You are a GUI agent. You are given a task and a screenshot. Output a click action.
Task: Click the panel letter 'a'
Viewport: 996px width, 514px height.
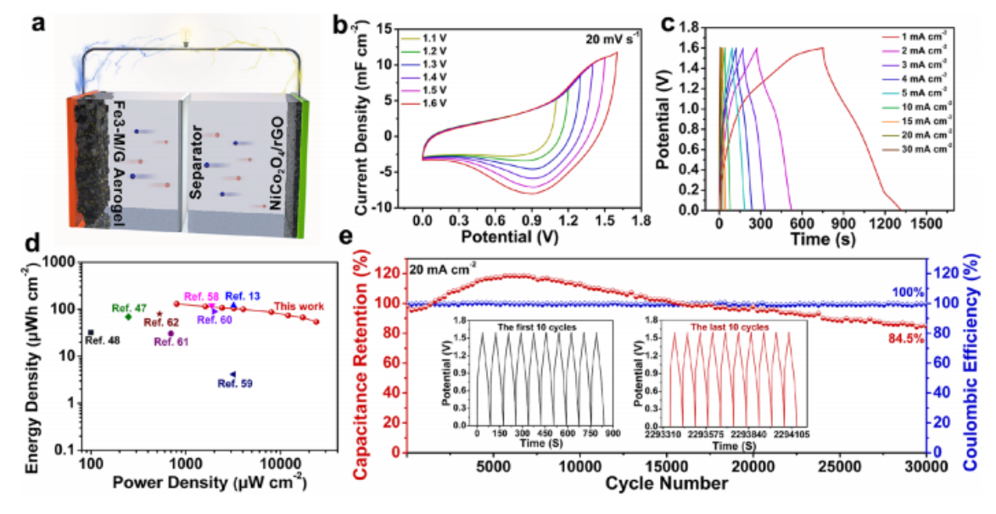(38, 23)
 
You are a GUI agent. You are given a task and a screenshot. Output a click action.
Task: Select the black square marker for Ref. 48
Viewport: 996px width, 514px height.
(91, 332)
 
